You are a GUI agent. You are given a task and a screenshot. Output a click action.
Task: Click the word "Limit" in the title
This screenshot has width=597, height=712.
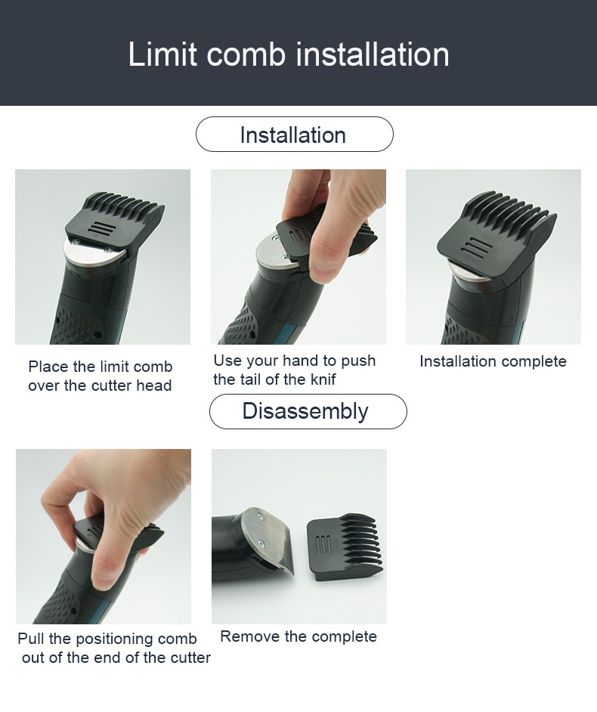[x=162, y=54]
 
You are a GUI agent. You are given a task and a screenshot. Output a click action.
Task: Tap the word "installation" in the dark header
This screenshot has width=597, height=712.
[x=373, y=54]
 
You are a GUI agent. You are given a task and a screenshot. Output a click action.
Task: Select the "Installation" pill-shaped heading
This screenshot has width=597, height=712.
[x=294, y=135]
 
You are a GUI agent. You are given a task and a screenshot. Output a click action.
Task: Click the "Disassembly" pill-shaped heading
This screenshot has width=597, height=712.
[x=308, y=411]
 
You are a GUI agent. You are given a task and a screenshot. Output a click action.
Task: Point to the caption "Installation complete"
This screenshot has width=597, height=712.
[x=493, y=361]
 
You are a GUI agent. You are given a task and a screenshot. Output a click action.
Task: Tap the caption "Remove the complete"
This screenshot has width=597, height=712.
[x=298, y=636]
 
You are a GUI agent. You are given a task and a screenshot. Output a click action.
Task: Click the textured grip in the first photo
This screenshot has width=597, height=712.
[x=78, y=326]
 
